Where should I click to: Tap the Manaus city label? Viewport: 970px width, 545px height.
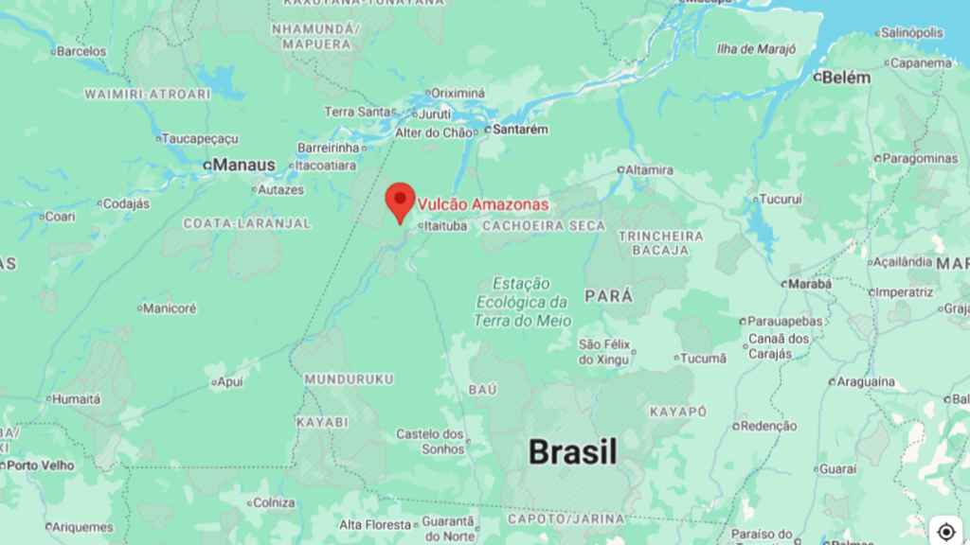point(243,166)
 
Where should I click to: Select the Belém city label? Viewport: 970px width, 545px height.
point(846,78)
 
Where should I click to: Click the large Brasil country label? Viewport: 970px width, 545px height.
point(573,452)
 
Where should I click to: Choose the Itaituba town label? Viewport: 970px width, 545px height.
point(445,226)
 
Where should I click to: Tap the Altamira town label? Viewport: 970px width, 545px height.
point(649,170)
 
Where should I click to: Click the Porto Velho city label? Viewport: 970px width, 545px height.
point(43,466)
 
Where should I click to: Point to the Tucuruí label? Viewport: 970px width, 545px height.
point(781,200)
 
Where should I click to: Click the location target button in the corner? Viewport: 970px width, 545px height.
point(946,531)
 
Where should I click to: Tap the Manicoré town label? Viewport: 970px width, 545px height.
point(171,308)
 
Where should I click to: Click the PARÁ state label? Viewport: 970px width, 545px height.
point(608,296)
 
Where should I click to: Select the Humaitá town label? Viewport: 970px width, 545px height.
point(76,399)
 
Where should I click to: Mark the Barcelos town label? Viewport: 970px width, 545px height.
point(81,51)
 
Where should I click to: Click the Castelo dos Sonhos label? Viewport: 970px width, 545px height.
point(430,441)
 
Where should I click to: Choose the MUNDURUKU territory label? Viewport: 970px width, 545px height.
point(349,378)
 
